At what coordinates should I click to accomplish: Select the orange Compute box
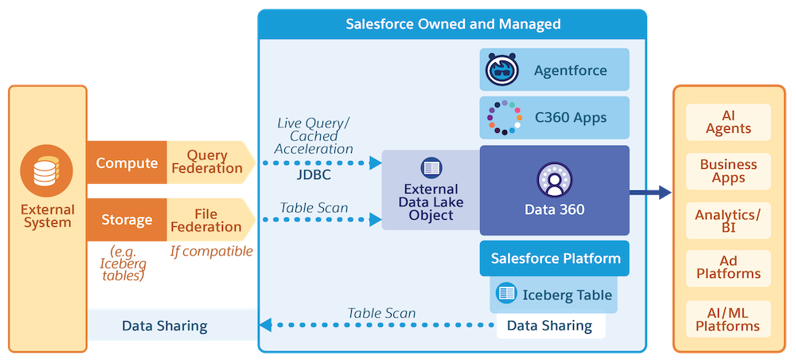point(127,163)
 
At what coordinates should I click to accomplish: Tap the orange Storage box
point(127,220)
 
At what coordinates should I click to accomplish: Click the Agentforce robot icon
point(503,70)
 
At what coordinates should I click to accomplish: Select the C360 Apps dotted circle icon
point(503,118)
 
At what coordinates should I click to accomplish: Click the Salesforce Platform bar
point(555,258)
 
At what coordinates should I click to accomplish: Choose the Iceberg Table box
point(555,294)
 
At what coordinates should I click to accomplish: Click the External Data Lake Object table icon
point(431,168)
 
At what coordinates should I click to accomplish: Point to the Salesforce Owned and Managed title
point(453,24)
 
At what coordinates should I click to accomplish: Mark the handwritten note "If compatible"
point(211,252)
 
